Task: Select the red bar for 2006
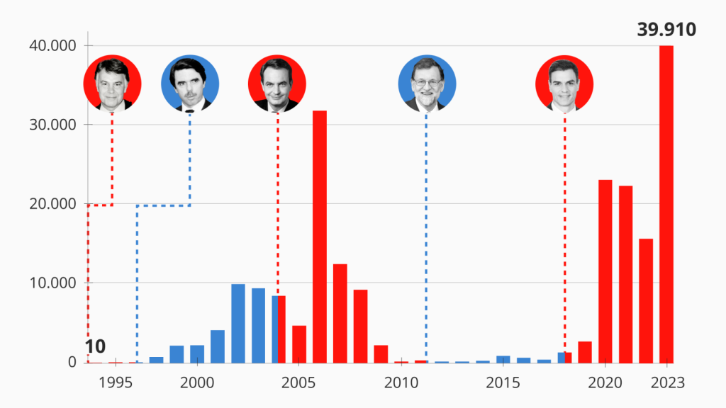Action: coord(320,237)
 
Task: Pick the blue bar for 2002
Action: coord(238,323)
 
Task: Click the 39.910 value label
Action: coord(666,30)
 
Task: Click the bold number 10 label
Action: coord(95,346)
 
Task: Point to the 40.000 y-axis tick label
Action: coord(52,46)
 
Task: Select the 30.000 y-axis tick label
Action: coord(52,125)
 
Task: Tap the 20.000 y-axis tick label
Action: coord(52,204)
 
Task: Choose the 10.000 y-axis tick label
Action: coord(52,283)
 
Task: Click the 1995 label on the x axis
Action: coord(116,382)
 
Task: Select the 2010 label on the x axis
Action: coord(401,382)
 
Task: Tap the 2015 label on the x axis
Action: coord(503,382)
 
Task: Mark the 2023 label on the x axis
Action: coord(666,382)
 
